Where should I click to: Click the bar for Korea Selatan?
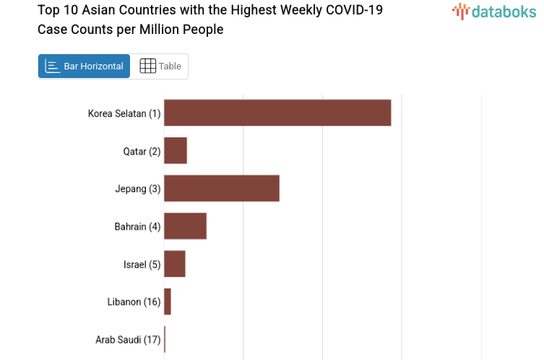tap(277, 113)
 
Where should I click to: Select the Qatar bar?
tap(176, 150)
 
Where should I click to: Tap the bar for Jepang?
tap(221, 188)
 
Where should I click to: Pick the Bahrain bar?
tap(185, 226)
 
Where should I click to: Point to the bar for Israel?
tap(175, 264)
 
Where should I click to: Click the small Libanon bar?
tap(168, 301)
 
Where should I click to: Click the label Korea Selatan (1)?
tap(124, 113)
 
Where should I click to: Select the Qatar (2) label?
tap(142, 151)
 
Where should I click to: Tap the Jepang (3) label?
tap(137, 189)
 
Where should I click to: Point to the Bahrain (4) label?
tap(137, 226)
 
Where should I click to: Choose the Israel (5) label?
tap(142, 265)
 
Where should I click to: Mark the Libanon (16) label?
tap(134, 302)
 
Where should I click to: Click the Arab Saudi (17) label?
tap(128, 340)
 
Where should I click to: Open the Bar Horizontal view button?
tap(84, 67)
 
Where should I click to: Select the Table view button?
tap(160, 67)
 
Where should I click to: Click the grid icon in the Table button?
tap(147, 67)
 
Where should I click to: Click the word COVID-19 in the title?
tap(356, 11)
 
